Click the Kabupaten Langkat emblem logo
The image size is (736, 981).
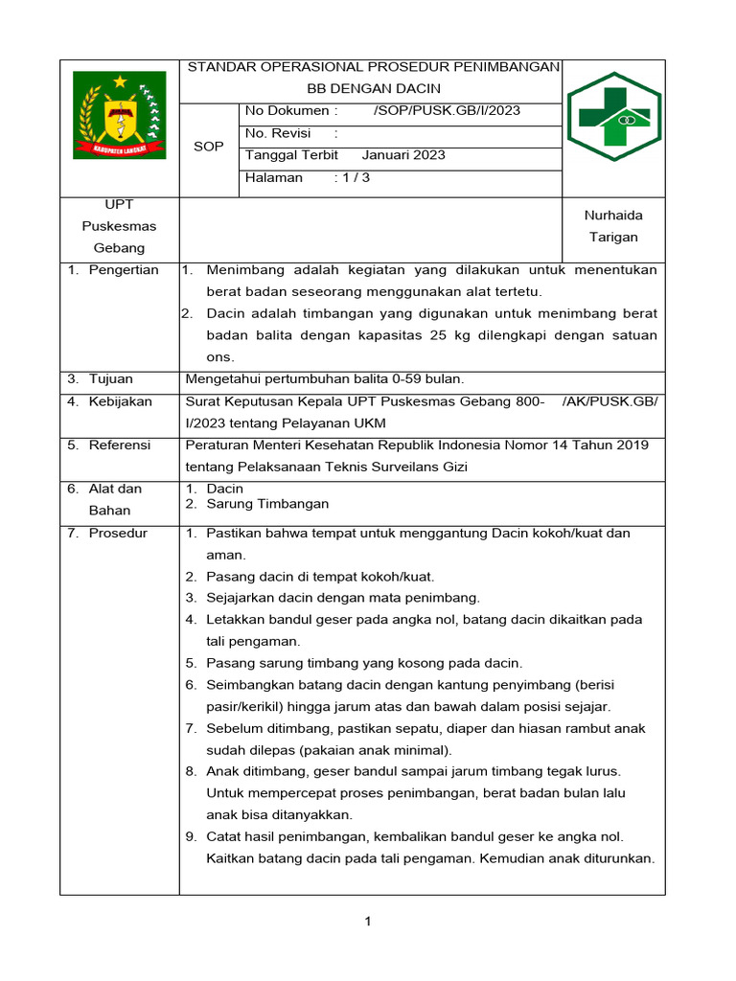tap(119, 117)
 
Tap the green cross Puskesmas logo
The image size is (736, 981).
tap(613, 116)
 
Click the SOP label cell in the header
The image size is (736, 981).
tap(208, 147)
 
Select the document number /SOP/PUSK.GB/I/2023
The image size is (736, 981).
tap(447, 110)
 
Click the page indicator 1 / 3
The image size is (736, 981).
tap(352, 177)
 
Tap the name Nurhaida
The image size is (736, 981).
tap(613, 216)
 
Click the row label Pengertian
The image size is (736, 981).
tap(124, 270)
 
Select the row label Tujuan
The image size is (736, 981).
tap(111, 379)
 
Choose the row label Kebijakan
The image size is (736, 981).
tap(121, 401)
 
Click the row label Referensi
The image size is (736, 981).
tap(120, 445)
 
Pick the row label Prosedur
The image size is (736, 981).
tap(118, 533)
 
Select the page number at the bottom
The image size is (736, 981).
tap(367, 922)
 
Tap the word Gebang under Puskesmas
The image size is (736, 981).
tap(119, 248)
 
